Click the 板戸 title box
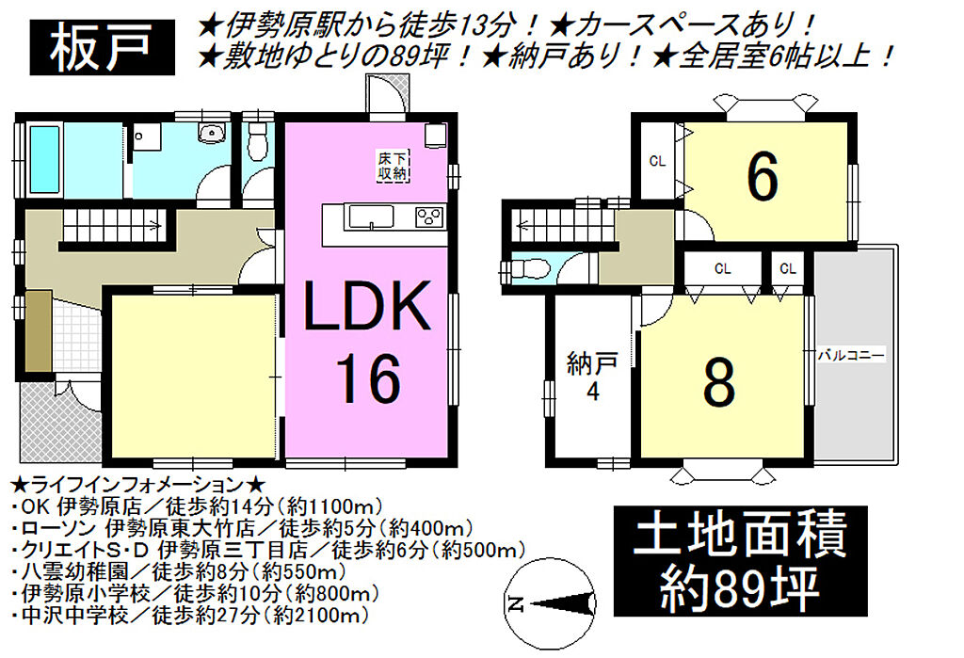(x=102, y=47)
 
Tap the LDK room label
(x=367, y=306)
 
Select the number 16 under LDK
(x=369, y=378)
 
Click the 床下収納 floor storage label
(x=393, y=166)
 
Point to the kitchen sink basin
(x=371, y=217)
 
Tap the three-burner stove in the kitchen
(x=429, y=217)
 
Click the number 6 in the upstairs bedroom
(x=763, y=177)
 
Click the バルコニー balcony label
(x=851, y=356)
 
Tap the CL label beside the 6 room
(x=657, y=162)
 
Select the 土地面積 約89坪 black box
(x=740, y=561)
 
